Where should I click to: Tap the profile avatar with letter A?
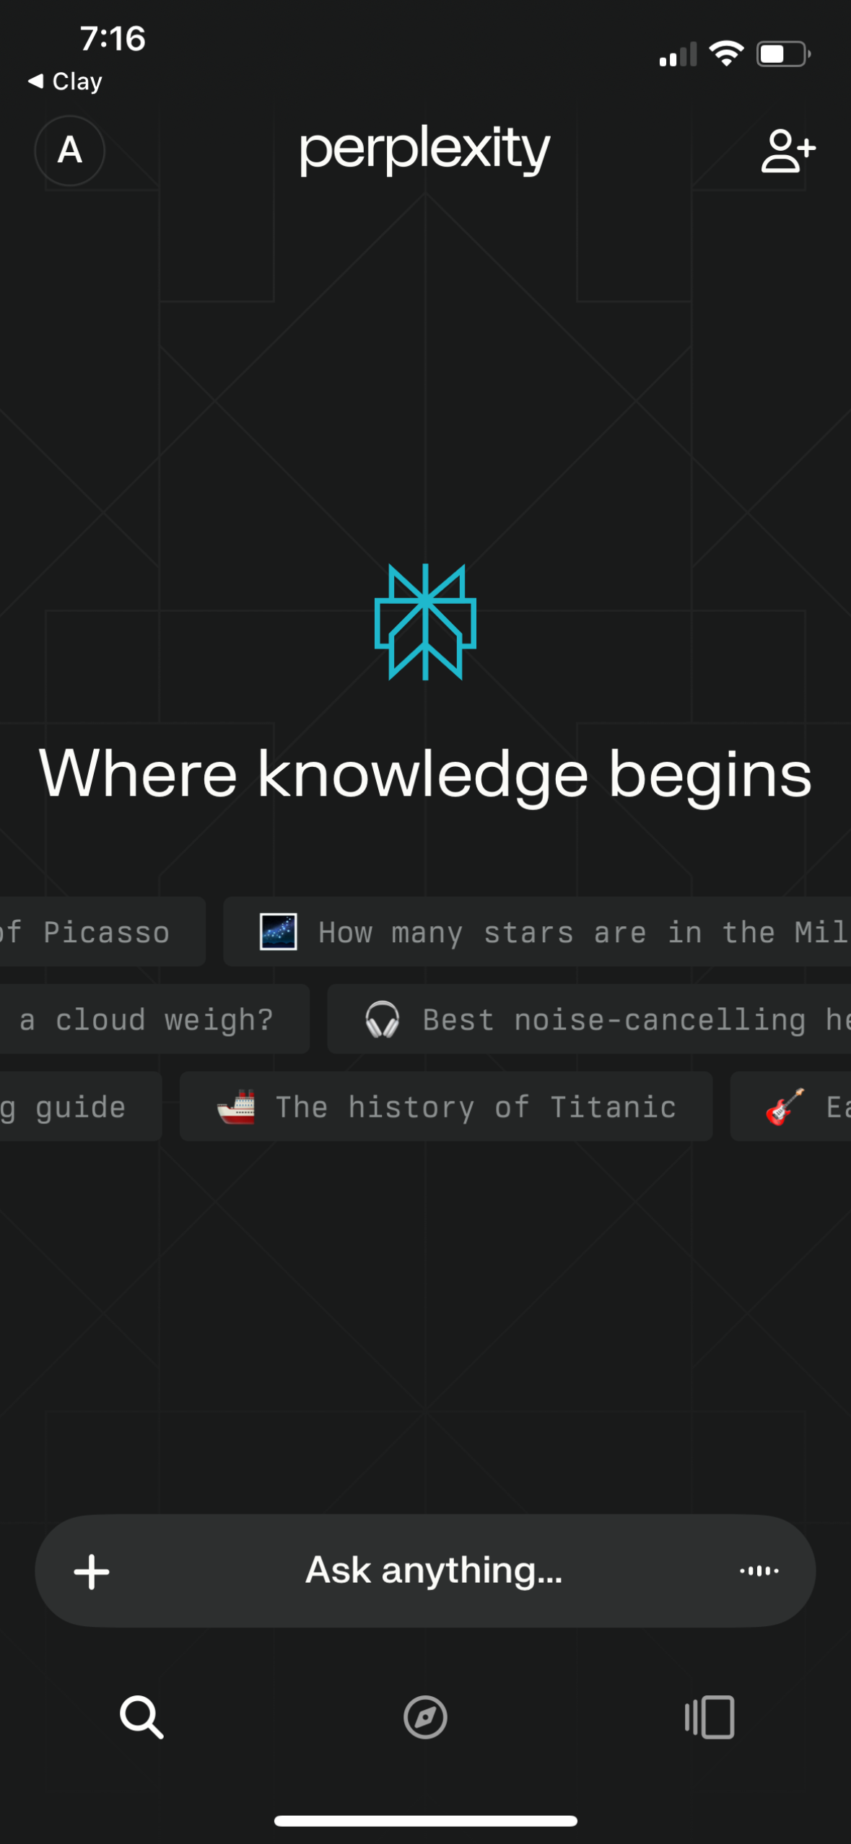point(69,151)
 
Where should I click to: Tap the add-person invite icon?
point(788,150)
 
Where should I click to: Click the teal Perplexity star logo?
point(425,622)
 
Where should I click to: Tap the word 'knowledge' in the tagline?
point(423,774)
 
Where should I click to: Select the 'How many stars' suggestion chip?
point(537,932)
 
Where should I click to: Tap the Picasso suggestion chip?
point(102,932)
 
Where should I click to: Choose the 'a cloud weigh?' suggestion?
point(154,1019)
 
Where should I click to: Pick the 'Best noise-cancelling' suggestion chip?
point(589,1019)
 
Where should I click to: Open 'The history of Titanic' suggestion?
point(446,1106)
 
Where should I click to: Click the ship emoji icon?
point(236,1107)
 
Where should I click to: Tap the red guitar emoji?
point(785,1107)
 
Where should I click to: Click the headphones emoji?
point(382,1019)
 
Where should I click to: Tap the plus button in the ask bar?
point(92,1571)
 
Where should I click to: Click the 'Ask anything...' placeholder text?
point(434,1571)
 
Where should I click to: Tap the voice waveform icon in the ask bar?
point(759,1571)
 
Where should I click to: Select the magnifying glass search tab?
point(141,1717)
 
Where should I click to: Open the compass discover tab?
point(425,1717)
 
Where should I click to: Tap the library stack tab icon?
point(710,1717)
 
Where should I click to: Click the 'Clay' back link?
point(66,82)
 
